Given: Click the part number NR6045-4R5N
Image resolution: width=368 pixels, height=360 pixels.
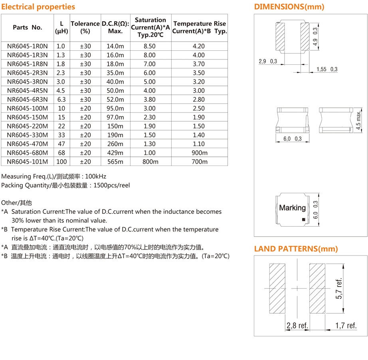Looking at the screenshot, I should (27, 91).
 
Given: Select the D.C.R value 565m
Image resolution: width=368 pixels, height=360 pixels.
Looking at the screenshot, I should (115, 162).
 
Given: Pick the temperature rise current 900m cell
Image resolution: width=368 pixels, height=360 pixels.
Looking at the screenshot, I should (199, 153).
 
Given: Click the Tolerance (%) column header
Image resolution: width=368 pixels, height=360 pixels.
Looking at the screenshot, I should (85, 27).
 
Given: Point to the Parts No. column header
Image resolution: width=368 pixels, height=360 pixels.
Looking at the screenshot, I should (27, 28).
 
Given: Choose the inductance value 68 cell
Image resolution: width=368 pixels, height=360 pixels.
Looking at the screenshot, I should (61, 153).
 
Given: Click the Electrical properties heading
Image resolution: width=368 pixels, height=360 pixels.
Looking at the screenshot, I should (38, 7).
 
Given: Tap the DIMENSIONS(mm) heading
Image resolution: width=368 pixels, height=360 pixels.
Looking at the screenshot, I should (289, 7).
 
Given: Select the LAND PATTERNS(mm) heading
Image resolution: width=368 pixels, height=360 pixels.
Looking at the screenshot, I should (296, 249).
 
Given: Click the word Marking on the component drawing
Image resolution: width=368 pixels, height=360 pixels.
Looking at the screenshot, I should (293, 208).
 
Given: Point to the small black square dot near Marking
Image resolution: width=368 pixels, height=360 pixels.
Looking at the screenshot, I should (303, 220).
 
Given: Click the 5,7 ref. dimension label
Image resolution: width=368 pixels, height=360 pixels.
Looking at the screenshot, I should (339, 289).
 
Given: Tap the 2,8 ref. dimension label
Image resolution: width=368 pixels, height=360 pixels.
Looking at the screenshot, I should (298, 326).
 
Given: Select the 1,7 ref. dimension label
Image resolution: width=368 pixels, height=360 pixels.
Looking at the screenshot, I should (346, 326).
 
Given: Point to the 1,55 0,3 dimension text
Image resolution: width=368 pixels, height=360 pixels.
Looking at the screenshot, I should (327, 69).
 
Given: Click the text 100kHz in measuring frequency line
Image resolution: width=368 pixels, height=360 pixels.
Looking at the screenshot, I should (96, 176).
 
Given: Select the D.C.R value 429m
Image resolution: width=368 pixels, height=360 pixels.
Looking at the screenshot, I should (115, 153).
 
